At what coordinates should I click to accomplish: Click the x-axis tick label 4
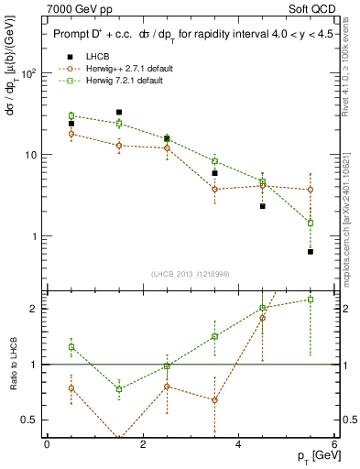238,443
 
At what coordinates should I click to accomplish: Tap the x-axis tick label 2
143,443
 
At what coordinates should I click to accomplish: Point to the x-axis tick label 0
47,443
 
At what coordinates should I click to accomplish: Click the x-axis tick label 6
334,443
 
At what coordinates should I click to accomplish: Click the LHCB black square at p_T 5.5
311,251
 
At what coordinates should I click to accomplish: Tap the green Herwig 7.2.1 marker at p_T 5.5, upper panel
311,223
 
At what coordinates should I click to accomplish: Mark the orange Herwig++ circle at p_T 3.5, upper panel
214,190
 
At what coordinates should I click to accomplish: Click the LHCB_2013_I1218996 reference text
190,275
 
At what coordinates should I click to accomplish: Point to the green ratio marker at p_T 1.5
119,388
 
